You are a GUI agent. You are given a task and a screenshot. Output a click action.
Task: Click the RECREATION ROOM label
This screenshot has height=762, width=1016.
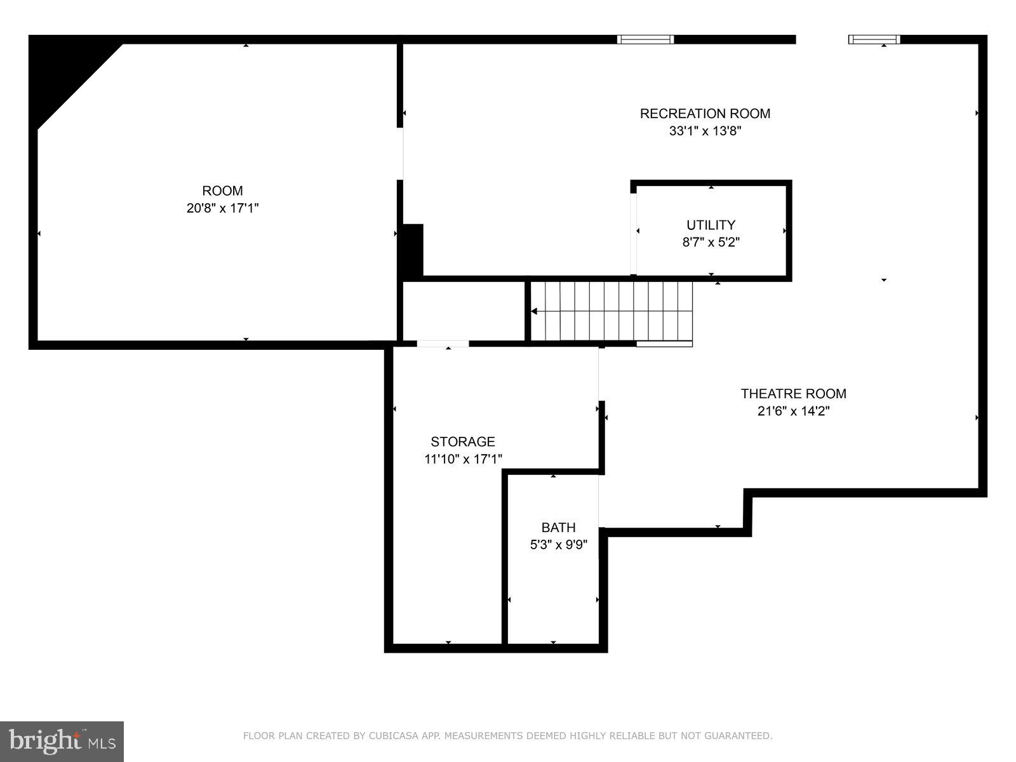click(x=705, y=114)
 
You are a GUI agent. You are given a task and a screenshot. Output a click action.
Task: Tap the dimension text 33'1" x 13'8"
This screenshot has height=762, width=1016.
click(x=705, y=131)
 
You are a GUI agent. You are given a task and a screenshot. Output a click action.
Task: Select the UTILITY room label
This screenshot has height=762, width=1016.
click(x=711, y=225)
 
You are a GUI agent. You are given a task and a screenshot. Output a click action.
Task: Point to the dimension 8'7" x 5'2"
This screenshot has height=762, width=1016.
click(x=711, y=242)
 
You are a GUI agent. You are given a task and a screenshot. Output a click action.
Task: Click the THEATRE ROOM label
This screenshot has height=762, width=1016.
click(x=793, y=394)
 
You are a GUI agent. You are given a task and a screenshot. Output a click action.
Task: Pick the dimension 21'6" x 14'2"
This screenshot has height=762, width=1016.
click(x=793, y=411)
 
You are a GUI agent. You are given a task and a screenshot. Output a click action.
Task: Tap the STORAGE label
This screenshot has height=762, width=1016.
click(x=462, y=442)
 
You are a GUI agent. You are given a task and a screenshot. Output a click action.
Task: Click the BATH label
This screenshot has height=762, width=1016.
click(x=558, y=528)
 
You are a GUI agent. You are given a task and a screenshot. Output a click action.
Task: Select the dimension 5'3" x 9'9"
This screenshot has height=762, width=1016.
click(x=558, y=545)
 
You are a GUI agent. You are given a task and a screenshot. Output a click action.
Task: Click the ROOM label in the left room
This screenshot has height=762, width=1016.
click(x=222, y=190)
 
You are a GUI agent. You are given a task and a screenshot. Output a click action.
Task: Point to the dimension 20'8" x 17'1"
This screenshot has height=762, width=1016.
click(x=222, y=208)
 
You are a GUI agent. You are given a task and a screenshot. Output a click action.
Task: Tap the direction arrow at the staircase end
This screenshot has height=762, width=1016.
click(x=535, y=311)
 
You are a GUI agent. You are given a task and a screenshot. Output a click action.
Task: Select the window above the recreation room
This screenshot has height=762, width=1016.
click(x=645, y=39)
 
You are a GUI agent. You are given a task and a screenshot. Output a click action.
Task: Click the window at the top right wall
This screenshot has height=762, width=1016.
click(x=874, y=39)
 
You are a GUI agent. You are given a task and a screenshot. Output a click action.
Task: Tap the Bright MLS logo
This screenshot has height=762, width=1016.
click(x=62, y=741)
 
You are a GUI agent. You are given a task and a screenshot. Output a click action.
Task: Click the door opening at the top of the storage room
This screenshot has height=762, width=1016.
click(x=443, y=344)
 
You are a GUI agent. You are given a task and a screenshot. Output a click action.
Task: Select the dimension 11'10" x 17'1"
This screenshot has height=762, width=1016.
click(x=462, y=459)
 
